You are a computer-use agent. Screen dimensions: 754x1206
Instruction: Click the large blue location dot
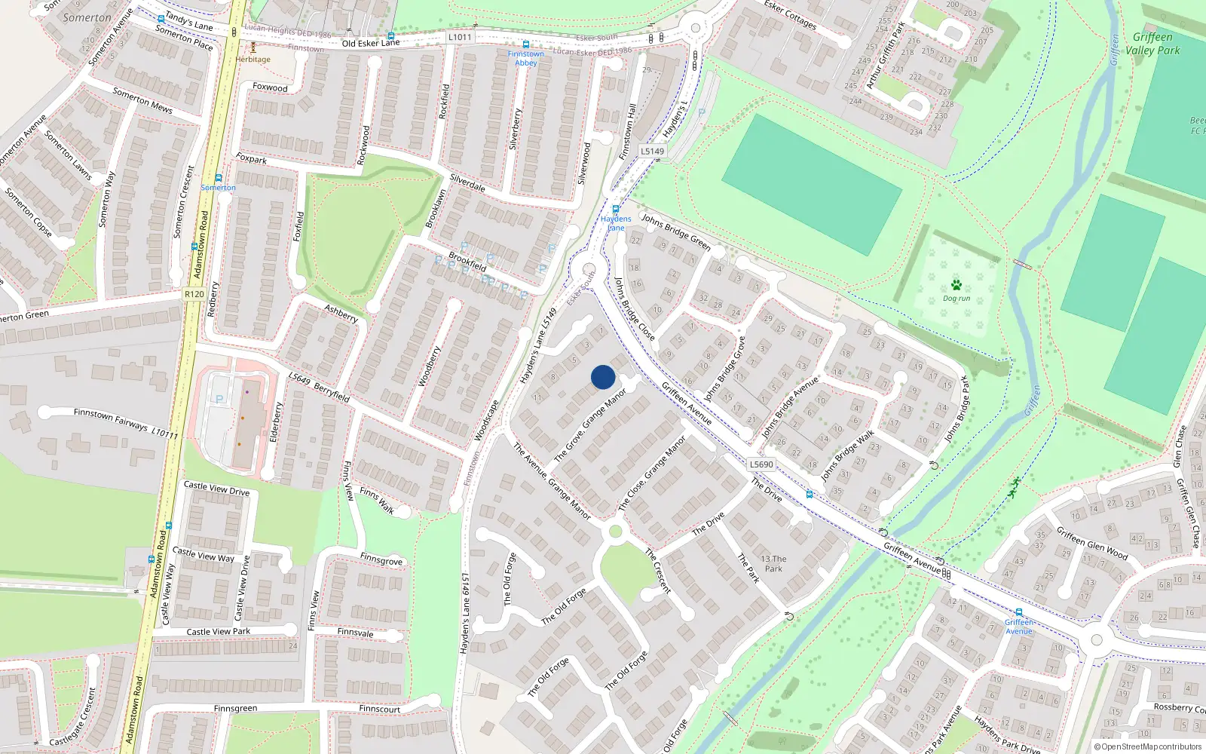[x=603, y=377]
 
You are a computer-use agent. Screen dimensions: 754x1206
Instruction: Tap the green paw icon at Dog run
[x=957, y=285]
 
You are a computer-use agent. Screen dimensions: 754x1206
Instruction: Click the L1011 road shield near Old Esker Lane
[x=460, y=37]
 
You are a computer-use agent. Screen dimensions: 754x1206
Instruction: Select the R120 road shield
[x=194, y=294]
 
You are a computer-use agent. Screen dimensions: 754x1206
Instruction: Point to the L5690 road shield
[x=761, y=464]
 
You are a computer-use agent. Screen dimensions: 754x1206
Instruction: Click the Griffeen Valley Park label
[x=1152, y=44]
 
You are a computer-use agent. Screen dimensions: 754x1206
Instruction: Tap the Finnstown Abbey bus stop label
[x=525, y=58]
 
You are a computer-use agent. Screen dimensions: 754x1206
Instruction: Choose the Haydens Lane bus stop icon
[x=616, y=210]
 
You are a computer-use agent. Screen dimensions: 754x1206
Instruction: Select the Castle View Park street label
[x=218, y=632]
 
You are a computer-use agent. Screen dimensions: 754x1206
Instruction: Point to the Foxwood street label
[x=270, y=87]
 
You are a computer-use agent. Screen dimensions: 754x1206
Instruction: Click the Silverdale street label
[x=467, y=183]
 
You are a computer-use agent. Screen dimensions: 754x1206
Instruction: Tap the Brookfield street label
[x=467, y=262]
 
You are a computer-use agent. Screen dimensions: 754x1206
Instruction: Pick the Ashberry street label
[x=341, y=314]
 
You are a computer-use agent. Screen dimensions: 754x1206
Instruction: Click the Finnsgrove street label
[x=381, y=560]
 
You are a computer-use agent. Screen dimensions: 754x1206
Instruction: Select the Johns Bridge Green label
[x=676, y=231]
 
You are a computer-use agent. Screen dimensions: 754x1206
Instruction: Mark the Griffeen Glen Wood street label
[x=1091, y=543]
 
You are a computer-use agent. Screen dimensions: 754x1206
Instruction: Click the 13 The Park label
[x=773, y=564]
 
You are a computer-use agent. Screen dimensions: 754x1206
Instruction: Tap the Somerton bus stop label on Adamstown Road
[x=218, y=188]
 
